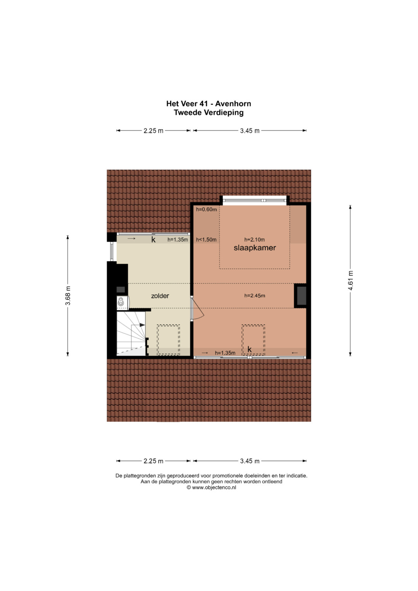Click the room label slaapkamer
[255, 248]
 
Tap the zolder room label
[160, 296]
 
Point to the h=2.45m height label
[255, 296]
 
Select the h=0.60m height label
[206, 209]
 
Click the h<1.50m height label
[206, 240]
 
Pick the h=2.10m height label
[254, 240]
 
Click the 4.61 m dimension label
[350, 281]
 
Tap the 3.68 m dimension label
[68, 296]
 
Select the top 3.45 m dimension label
[250, 130]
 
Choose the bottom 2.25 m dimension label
[153, 461]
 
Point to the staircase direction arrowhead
[142, 325]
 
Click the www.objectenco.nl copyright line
[211, 487]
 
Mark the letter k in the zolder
[153, 240]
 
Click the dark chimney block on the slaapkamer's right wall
[300, 296]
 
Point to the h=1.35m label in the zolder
[178, 240]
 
